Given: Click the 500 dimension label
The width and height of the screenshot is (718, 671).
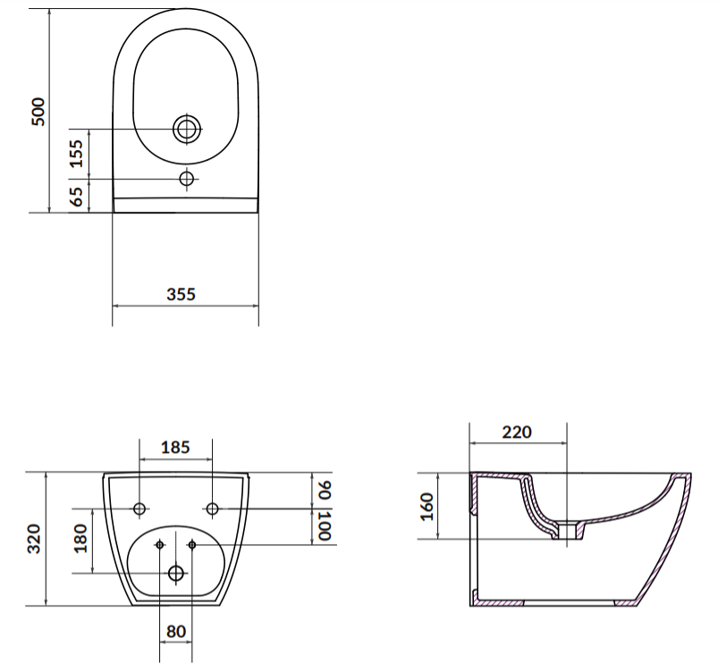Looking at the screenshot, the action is pos(38,112).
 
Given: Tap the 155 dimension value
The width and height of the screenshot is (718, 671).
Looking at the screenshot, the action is pos(77,154).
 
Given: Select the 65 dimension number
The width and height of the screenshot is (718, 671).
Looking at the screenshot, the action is pos(77,197).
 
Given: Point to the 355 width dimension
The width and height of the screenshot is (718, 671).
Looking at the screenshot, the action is pos(181,294).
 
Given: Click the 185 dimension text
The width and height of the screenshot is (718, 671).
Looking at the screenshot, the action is pos(175,447).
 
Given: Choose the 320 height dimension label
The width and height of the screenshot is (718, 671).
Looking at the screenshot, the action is pos(34,539).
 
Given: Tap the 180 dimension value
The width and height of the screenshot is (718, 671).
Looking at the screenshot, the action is pos(80,539).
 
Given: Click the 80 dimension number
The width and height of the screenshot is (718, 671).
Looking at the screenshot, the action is pos(176,631).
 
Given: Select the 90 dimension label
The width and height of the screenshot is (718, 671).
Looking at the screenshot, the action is pos(324,490).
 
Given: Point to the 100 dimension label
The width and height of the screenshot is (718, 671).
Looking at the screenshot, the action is pos(324,525).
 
